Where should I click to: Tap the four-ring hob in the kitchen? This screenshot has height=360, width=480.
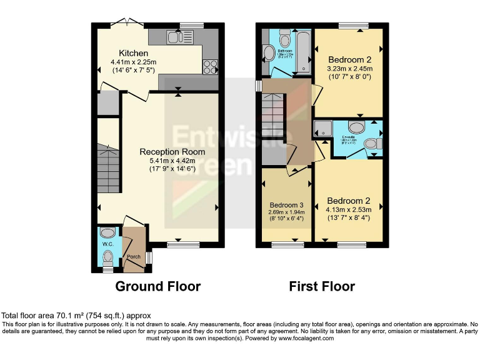[209, 66]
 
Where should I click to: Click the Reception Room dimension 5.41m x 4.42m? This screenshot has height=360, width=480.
[171, 161]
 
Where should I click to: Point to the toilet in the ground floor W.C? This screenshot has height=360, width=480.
[107, 256]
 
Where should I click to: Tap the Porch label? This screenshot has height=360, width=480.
[134, 257]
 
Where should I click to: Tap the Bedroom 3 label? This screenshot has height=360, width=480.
[287, 205]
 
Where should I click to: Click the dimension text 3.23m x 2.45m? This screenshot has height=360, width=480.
[350, 69]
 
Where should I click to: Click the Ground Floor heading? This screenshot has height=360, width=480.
[157, 287]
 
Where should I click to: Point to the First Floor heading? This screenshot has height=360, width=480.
[321, 287]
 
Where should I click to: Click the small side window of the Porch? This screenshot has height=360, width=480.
[148, 257]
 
